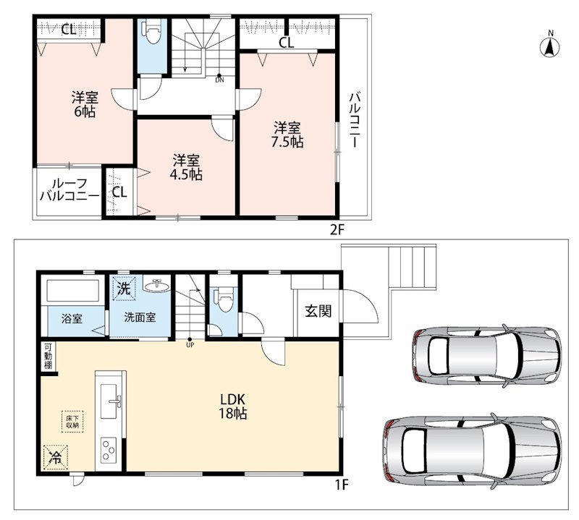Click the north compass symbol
(550, 46)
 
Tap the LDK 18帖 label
(233, 406)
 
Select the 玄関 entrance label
(318, 311)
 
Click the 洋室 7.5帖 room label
(287, 135)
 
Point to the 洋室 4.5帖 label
(186, 167)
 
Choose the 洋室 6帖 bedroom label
(85, 104)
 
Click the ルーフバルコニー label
(69, 189)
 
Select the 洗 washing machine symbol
(124, 287)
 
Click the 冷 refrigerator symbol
(56, 458)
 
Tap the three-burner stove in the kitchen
(109, 449)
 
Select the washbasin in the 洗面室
(156, 285)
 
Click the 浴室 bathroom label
(72, 318)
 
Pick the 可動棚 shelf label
(48, 356)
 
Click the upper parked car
(486, 355)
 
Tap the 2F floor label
(337, 229)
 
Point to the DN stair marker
(219, 80)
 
